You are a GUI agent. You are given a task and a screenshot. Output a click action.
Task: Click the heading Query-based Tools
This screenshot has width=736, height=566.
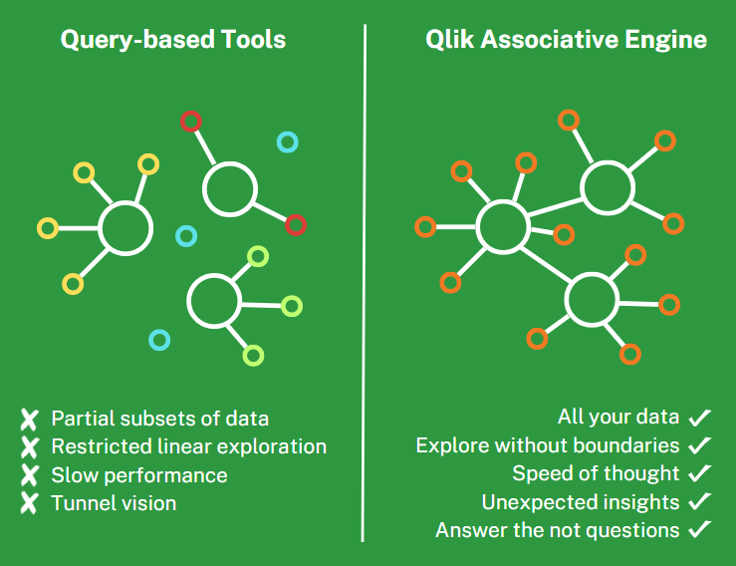173,40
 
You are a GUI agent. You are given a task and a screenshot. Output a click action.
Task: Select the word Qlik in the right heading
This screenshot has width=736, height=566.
448,40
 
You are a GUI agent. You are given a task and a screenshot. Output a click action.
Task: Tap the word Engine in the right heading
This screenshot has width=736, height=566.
669,40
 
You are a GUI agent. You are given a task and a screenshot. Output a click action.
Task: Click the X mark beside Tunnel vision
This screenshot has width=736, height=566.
30,504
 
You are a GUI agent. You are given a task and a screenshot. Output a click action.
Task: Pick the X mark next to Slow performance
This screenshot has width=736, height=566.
30,475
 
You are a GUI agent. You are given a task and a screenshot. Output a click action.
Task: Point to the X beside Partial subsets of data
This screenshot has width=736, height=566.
30,419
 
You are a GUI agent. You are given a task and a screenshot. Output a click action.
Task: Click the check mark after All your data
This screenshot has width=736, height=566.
700,417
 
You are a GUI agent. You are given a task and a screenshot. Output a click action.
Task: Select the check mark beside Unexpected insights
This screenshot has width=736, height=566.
700,502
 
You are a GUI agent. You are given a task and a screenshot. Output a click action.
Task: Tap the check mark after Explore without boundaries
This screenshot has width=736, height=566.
700,445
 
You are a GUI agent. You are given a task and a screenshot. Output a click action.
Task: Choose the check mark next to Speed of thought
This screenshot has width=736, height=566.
700,473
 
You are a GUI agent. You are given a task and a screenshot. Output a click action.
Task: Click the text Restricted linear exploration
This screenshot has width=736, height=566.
188,446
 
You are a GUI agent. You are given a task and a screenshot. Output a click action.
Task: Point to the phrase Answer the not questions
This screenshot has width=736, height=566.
558,530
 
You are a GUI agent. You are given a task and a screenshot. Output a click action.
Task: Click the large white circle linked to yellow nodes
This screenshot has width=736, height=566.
125,228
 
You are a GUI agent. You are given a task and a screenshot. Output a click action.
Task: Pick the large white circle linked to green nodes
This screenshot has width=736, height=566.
214,301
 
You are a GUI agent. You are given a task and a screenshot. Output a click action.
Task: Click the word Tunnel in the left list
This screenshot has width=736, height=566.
83,503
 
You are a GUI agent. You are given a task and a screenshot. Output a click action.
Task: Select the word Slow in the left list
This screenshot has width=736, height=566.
73,475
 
